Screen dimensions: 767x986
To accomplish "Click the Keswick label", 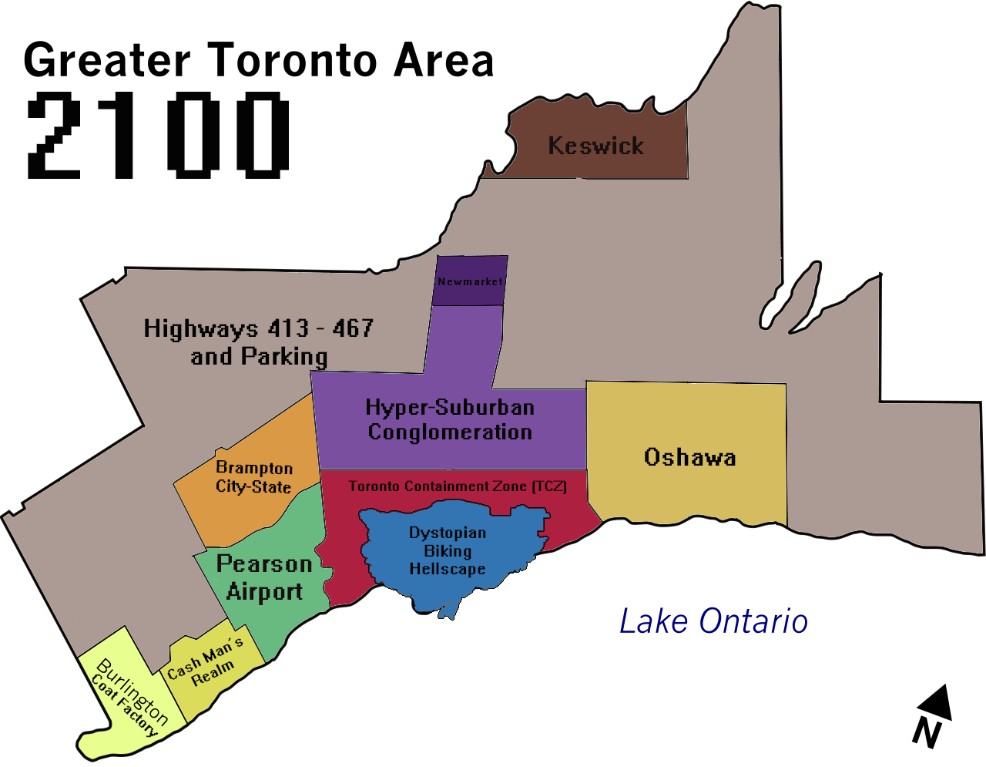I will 595,146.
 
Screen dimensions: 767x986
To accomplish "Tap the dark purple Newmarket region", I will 470,281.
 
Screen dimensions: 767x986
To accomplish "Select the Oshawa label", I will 689,457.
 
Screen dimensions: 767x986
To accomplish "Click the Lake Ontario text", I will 713,621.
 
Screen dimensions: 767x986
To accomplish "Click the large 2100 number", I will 158,136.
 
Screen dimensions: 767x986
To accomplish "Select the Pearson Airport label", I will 264,578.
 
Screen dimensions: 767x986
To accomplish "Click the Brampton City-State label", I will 253,477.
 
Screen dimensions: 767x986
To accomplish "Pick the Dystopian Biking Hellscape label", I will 448,550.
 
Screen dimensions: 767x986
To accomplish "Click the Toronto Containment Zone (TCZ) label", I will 458,486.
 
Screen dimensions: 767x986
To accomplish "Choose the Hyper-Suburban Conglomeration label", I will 450,419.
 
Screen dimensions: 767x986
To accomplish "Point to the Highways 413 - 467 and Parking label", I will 259,341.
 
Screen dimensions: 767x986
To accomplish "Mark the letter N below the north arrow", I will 927,732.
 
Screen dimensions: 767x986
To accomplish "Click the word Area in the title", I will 443,60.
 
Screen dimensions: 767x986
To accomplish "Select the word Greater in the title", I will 107,60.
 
